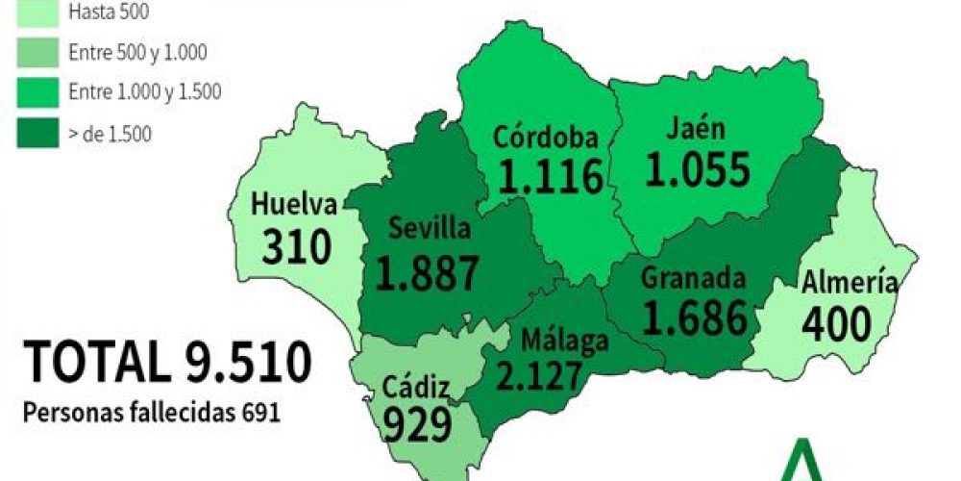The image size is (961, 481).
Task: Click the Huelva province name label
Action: (294, 205)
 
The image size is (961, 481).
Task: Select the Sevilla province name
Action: (429, 229)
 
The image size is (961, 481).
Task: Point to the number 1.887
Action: (427, 273)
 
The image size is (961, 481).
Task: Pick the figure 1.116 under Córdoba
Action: (551, 177)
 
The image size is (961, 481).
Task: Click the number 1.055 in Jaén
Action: (697, 171)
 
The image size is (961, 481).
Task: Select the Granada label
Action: (693, 279)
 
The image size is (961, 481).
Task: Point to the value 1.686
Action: (695, 316)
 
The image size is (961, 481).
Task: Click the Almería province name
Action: (850, 283)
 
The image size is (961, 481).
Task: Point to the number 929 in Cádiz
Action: (416, 423)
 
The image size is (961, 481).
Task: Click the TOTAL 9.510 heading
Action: (167, 364)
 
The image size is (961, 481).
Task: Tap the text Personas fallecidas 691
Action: (152, 413)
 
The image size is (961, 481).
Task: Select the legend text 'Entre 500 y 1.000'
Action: (138, 52)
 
